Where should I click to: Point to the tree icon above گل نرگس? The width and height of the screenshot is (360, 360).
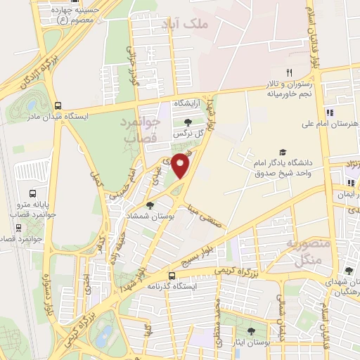pyautogui.click(x=187, y=122)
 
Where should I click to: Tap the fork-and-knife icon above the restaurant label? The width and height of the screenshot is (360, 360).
pyautogui.click(x=289, y=73)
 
